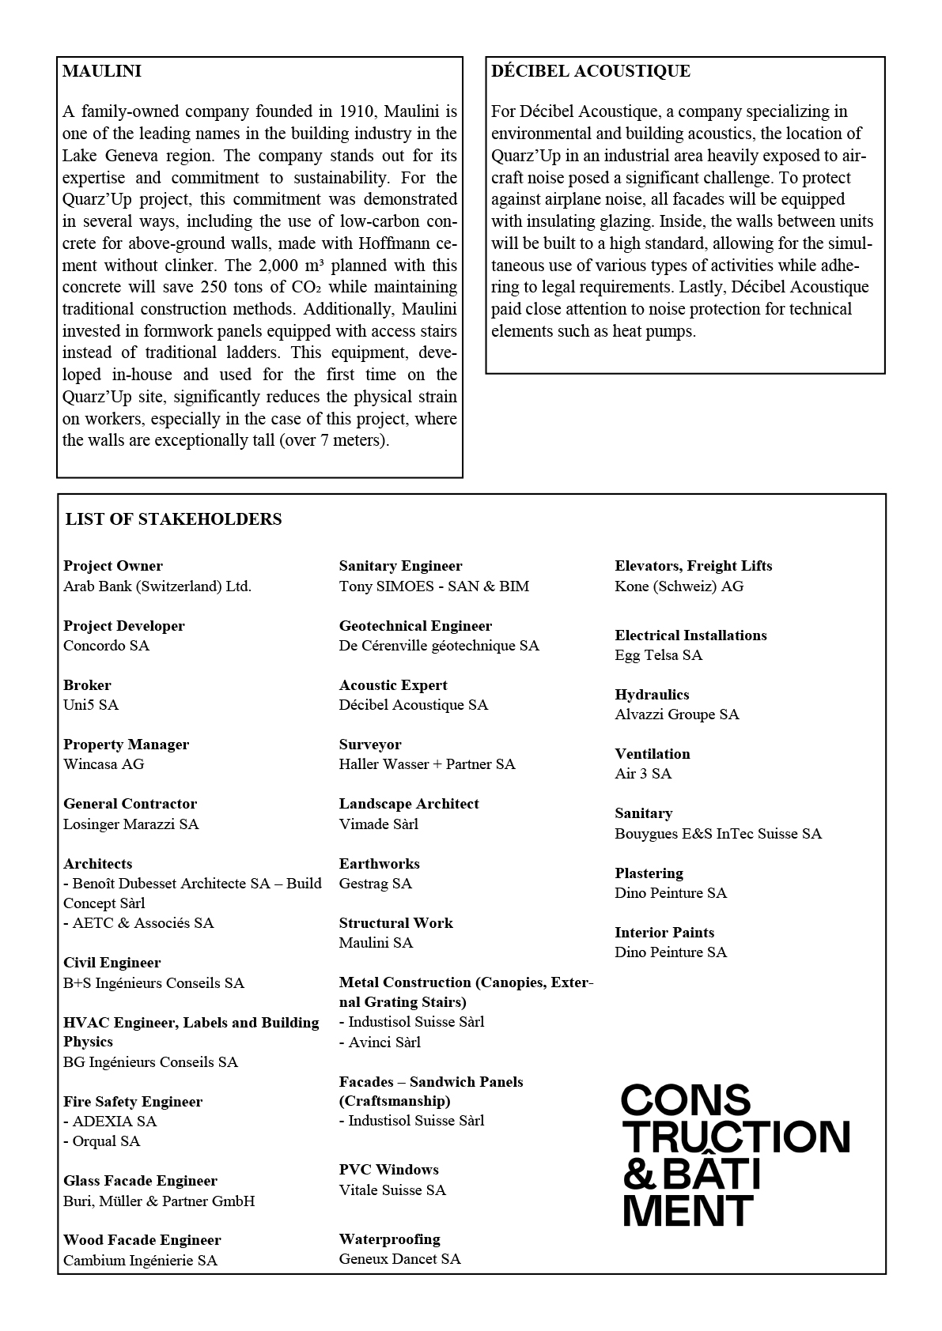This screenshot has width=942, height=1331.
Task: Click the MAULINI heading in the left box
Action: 102,71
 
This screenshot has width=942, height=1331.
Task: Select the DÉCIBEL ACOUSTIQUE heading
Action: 591,71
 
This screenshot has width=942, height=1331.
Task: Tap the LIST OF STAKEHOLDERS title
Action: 173,519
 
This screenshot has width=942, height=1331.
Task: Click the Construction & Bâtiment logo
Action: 735,1155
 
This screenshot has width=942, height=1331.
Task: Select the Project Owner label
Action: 113,566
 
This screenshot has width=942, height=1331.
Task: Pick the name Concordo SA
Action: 106,646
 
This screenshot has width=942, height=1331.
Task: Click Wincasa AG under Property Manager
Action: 104,764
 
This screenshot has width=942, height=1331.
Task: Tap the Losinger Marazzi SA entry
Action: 131,824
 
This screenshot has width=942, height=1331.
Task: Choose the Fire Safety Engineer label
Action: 133,1102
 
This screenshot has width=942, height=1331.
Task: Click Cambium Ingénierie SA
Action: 140,1261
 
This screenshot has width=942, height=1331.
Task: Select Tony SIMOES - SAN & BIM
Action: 434,586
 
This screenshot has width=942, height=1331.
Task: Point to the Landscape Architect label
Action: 409,804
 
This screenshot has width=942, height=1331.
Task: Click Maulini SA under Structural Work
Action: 376,943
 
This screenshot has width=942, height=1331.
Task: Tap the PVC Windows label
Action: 388,1170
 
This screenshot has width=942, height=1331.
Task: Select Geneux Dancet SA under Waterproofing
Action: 399,1259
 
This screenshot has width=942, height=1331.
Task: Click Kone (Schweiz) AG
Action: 679,586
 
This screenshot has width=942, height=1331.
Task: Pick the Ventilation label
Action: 653,754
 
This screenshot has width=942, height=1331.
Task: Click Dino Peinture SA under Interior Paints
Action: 671,952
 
